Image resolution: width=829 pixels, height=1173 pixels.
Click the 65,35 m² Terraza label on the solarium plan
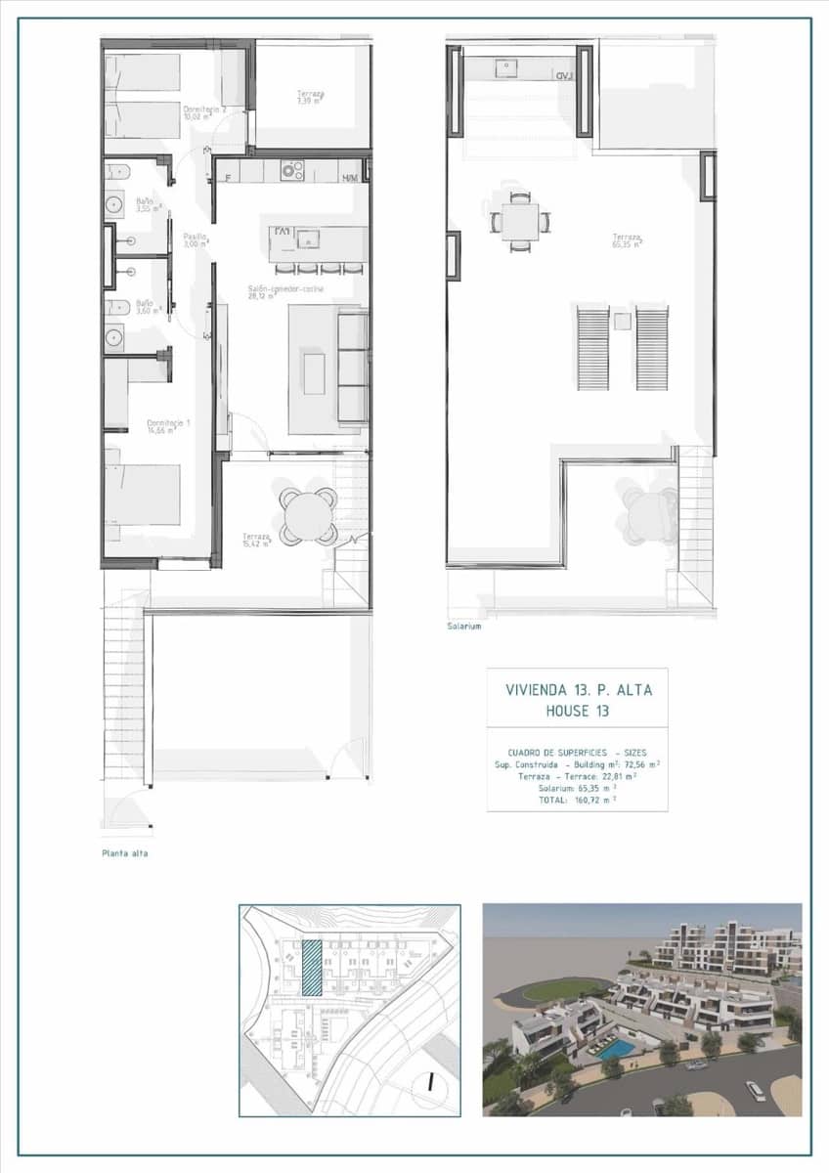(x=627, y=240)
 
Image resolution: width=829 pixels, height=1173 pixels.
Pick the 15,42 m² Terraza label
(x=257, y=540)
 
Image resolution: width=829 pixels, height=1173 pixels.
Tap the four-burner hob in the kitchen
(x=292, y=171)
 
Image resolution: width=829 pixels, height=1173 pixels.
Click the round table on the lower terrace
(x=308, y=515)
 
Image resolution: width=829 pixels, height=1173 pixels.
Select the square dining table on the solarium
(x=519, y=221)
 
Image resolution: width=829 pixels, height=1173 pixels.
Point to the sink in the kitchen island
(x=309, y=239)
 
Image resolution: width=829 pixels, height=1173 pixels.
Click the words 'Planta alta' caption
(x=125, y=853)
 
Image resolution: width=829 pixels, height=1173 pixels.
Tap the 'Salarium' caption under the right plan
(x=464, y=627)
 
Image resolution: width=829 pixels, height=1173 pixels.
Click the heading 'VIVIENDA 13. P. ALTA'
(x=578, y=689)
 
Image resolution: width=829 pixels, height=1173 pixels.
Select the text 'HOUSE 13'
(x=578, y=711)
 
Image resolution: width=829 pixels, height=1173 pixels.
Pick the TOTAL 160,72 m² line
(x=577, y=799)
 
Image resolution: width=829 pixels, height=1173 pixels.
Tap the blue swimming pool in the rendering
(x=614, y=1049)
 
